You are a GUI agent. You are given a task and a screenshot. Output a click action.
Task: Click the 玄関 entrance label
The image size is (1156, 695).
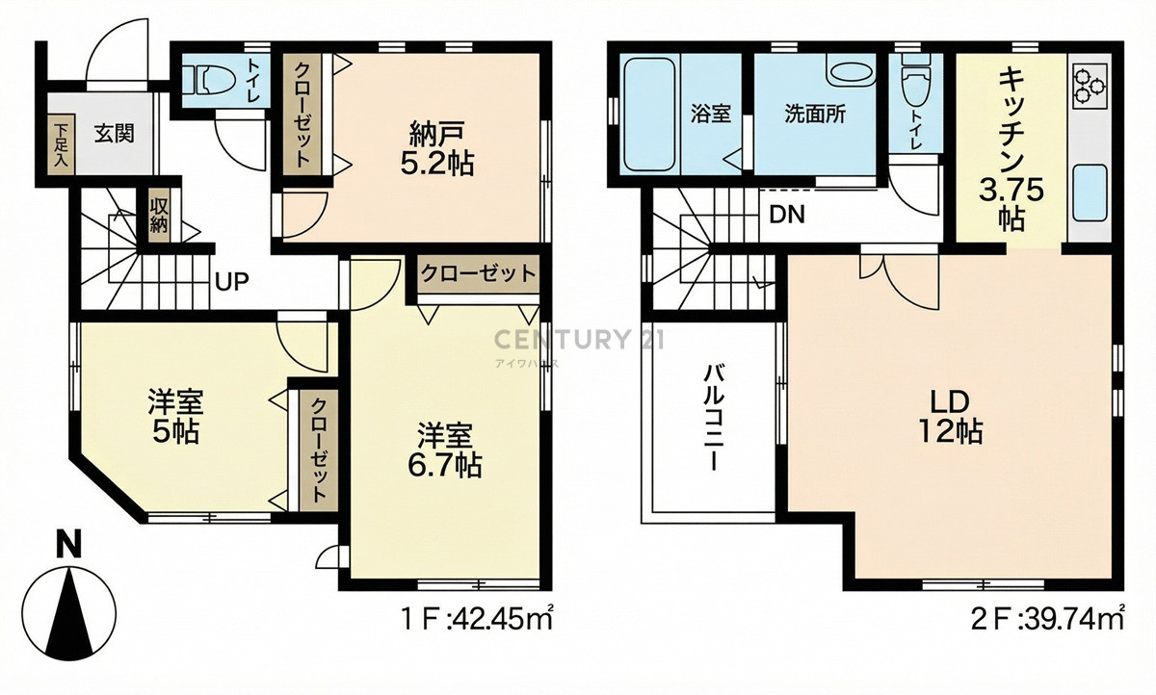click(x=114, y=134)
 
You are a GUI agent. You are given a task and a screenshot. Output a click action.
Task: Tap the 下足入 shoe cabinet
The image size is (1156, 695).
click(x=62, y=144)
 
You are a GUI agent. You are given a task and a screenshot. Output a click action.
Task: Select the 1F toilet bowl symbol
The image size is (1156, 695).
click(x=212, y=81)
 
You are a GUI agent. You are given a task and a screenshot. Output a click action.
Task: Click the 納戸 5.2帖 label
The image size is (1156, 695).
click(x=436, y=148)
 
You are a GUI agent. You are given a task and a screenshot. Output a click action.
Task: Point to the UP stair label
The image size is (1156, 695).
click(x=232, y=281)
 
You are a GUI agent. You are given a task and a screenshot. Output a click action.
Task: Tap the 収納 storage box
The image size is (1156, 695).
click(x=159, y=216)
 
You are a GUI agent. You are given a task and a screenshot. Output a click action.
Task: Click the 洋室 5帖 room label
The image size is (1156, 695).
click(x=175, y=417)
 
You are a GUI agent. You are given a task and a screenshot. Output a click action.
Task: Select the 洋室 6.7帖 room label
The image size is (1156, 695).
click(x=445, y=450)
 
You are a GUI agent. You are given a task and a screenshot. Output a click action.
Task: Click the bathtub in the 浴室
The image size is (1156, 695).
click(x=649, y=114)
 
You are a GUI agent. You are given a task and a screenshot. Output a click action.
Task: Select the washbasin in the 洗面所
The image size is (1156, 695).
click(x=852, y=71)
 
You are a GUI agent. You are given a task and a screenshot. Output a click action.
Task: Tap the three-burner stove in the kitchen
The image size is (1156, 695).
click(x=1092, y=86)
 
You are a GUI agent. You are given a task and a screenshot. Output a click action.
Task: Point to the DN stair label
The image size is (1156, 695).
click(x=787, y=215)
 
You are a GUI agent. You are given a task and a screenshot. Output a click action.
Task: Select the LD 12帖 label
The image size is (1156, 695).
click(x=950, y=417)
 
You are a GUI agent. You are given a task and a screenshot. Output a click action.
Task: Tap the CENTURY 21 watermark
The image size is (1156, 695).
click(x=579, y=339)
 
